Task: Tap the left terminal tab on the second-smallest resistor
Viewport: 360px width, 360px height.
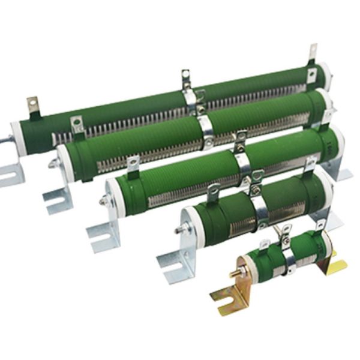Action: (214, 194)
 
